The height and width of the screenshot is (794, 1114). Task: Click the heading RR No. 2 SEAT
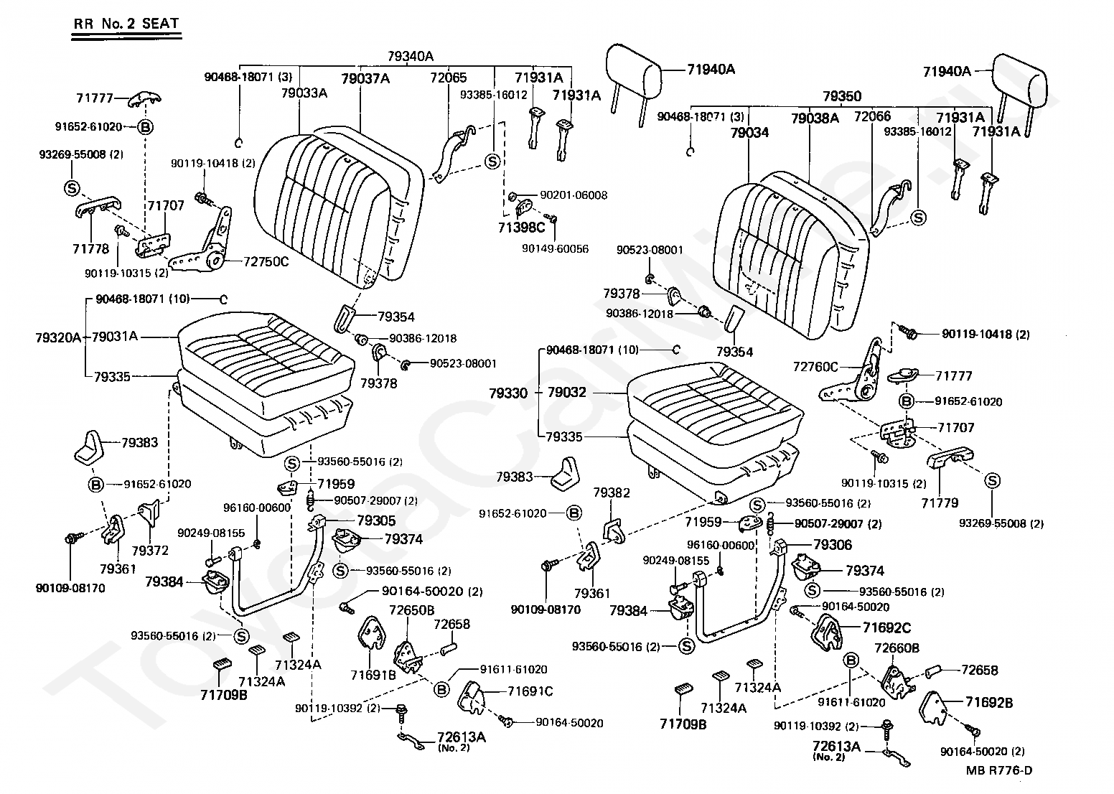(x=126, y=23)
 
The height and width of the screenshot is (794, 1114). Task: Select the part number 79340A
(x=411, y=55)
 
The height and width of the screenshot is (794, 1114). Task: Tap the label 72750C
(x=266, y=261)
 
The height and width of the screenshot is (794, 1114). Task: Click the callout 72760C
(x=815, y=367)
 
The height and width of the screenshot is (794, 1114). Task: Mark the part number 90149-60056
(x=555, y=248)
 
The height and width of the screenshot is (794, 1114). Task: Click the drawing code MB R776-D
(x=998, y=770)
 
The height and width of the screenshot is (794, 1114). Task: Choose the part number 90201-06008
(x=574, y=195)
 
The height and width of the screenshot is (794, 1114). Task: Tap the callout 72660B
(x=897, y=648)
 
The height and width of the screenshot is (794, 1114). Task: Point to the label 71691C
(x=530, y=691)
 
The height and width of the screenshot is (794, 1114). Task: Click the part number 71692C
(x=886, y=628)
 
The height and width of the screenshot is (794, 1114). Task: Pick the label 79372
(x=150, y=550)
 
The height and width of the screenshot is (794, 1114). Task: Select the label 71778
(x=90, y=249)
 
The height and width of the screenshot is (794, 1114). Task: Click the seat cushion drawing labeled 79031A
(x=266, y=352)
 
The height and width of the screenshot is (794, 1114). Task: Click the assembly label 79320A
(x=58, y=336)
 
